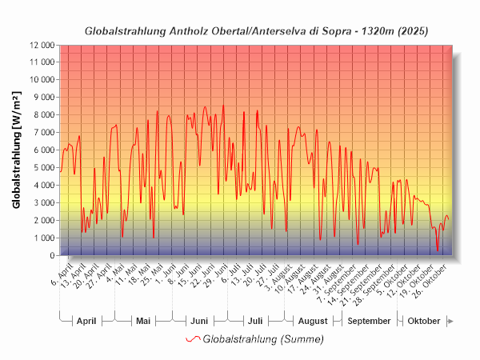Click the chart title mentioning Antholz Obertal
point(256,31)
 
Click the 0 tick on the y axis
point(51,256)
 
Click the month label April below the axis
point(86,321)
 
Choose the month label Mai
point(143,321)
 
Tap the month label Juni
point(199,321)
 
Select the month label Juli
point(255,321)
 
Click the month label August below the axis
point(313,321)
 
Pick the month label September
point(370,321)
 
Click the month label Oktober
point(424,321)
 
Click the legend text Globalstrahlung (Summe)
point(263,339)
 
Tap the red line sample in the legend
point(192,339)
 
